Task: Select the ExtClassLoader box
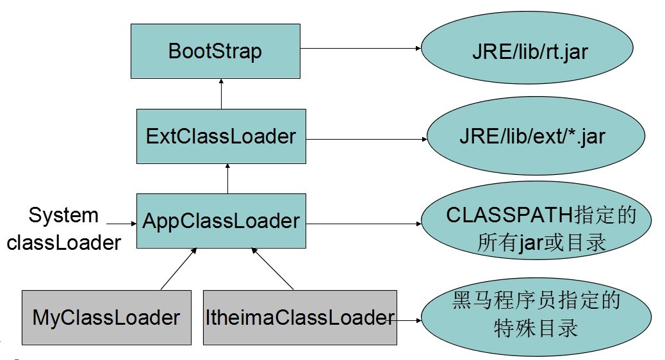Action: (x=221, y=136)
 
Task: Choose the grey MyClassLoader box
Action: (x=106, y=317)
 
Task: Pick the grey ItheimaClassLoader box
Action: (x=300, y=317)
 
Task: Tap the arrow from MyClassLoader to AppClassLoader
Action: (x=178, y=269)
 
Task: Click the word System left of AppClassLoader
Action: (x=63, y=215)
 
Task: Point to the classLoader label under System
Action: (x=63, y=242)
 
